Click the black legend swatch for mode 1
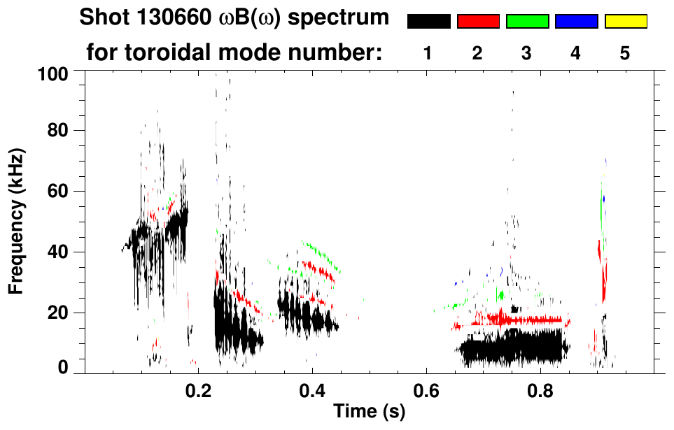[428, 22]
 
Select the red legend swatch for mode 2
[478, 22]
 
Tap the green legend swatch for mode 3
[527, 22]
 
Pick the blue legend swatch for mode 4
[576, 22]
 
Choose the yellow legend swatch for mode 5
[626, 22]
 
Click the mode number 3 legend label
[526, 53]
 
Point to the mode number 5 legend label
[625, 53]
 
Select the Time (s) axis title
[368, 413]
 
